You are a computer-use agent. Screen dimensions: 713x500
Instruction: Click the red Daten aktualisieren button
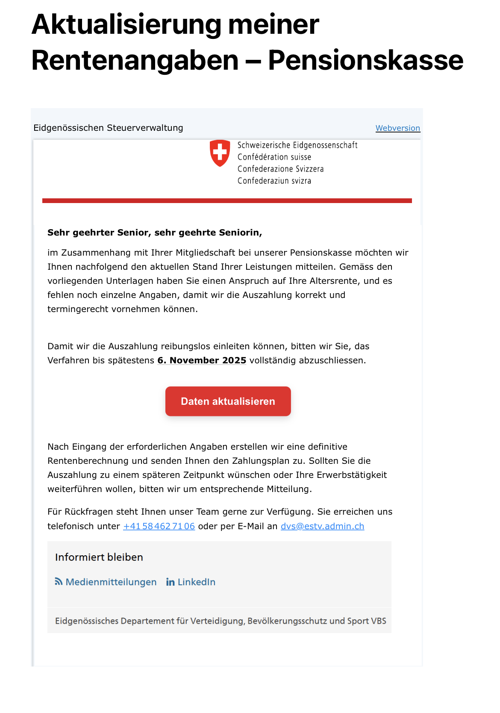pyautogui.click(x=228, y=401)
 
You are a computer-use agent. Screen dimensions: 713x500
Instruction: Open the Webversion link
pyautogui.click(x=397, y=128)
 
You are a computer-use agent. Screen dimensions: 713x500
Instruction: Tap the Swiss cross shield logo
pyautogui.click(x=220, y=153)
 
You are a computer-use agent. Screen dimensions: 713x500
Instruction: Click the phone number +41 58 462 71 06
pyautogui.click(x=159, y=526)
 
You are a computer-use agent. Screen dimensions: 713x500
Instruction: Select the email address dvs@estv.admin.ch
pyautogui.click(x=322, y=526)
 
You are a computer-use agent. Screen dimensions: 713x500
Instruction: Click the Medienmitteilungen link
pyautogui.click(x=111, y=582)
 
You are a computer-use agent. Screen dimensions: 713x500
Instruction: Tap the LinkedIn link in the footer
pyautogui.click(x=196, y=582)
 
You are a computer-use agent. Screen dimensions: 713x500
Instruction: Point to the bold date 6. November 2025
pyautogui.click(x=202, y=360)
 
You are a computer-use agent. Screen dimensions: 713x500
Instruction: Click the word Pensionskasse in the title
pyautogui.click(x=365, y=60)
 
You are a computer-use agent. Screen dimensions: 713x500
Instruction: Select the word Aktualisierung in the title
pyautogui.click(x=126, y=24)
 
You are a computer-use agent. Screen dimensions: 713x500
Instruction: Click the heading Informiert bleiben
pyautogui.click(x=99, y=557)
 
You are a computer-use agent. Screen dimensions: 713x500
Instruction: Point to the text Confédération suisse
pyautogui.click(x=274, y=157)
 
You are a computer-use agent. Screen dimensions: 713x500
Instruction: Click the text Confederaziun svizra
pyautogui.click(x=274, y=181)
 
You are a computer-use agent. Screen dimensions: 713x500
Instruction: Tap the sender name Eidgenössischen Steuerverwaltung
pyautogui.click(x=108, y=128)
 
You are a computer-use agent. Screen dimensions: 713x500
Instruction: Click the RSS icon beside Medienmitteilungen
pyautogui.click(x=59, y=582)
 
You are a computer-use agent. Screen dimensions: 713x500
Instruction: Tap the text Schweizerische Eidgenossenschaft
pyautogui.click(x=297, y=145)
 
